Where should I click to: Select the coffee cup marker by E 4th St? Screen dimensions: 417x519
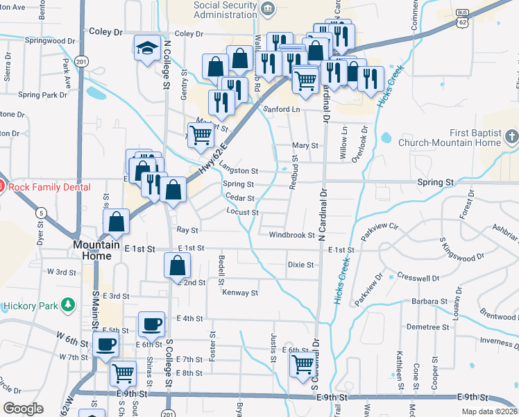(151, 324)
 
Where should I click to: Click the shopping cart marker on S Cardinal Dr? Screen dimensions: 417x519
(303, 364)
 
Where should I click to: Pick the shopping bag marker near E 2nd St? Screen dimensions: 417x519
(177, 265)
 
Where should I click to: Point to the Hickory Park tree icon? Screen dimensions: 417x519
(67, 304)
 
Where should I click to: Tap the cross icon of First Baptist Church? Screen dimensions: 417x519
(512, 136)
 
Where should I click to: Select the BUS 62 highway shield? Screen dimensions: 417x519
(463, 19)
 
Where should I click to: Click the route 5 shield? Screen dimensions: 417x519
(42, 213)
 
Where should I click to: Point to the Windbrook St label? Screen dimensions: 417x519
(292, 235)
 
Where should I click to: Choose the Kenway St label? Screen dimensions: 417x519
(240, 293)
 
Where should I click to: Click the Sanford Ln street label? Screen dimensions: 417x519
(280, 109)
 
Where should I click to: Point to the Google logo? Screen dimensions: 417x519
(23, 409)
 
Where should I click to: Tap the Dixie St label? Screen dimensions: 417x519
(300, 265)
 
